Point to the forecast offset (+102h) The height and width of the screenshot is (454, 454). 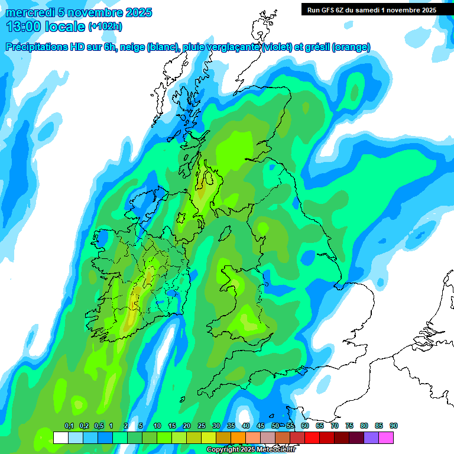tap(105, 27)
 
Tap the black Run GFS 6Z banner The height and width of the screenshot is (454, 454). tap(371, 9)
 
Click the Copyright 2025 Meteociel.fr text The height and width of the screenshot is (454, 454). tap(251, 450)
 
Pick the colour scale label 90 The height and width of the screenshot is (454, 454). tap(394, 426)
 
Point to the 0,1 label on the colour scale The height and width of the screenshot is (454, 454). tap(69, 426)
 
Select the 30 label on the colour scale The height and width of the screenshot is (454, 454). tap(216, 426)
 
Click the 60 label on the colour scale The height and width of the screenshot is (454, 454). tap(305, 426)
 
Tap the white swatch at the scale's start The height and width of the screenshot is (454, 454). tap(60, 437)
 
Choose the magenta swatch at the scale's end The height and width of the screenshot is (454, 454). tap(386, 437)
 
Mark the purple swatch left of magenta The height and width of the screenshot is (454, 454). tap(371, 437)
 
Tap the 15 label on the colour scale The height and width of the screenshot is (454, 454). tap(172, 426)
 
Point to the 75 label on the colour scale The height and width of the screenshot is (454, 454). tap(349, 426)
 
